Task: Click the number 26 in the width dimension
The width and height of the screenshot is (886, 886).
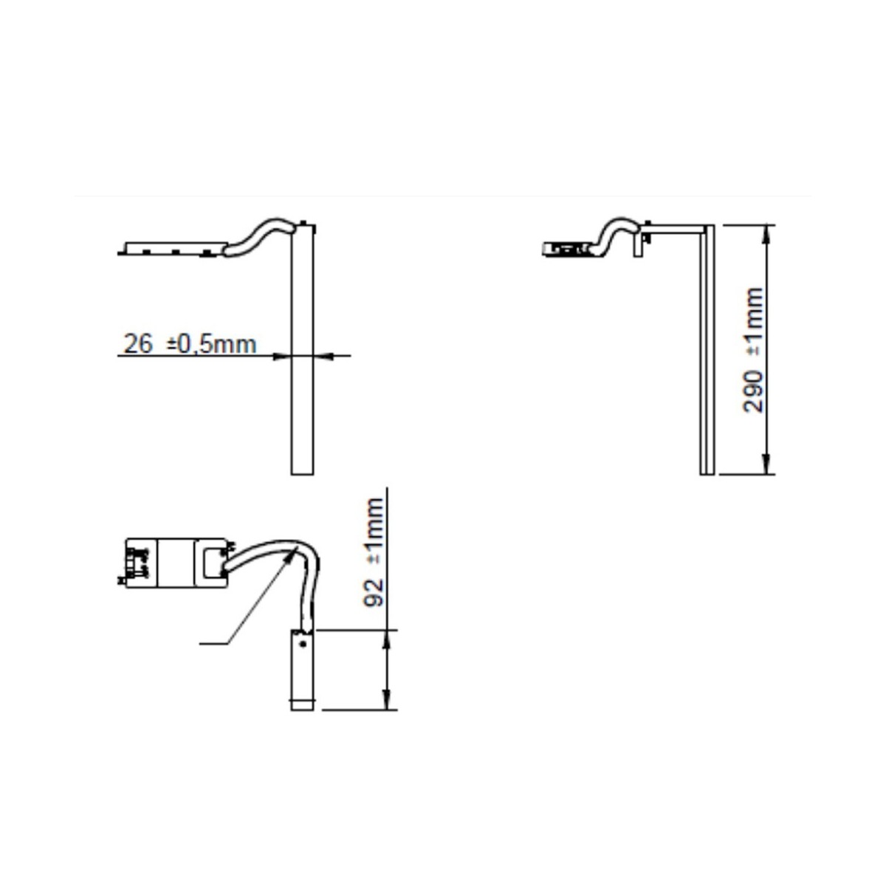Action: (138, 344)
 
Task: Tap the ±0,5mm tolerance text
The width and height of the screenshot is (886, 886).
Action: (211, 345)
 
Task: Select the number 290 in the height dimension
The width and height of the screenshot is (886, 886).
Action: (753, 391)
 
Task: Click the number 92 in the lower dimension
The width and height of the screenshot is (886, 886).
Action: (374, 593)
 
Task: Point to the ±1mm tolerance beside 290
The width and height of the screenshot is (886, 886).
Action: (753, 321)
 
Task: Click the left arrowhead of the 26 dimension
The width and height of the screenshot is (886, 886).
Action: (282, 355)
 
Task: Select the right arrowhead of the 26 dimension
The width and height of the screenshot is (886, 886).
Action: (323, 355)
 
